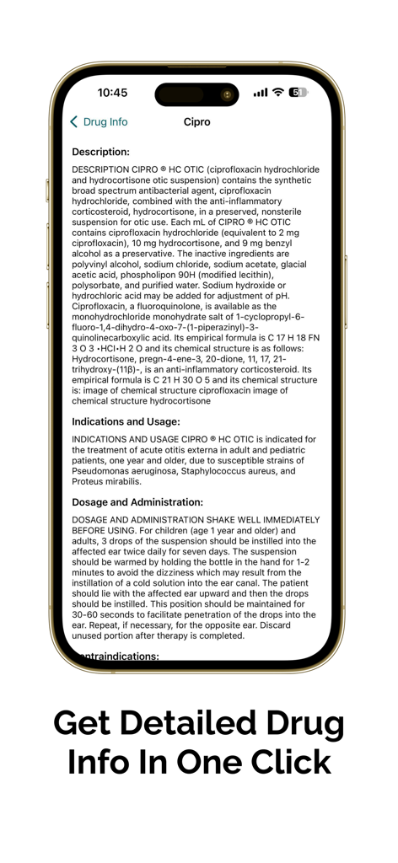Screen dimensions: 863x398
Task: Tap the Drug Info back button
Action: tap(99, 122)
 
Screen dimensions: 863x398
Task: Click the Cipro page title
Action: tap(197, 122)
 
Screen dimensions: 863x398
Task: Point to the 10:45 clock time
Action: tap(112, 93)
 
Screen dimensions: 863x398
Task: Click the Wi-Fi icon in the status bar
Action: tap(277, 93)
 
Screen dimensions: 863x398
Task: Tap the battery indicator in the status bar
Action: tap(298, 93)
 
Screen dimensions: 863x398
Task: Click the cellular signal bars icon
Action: tap(260, 93)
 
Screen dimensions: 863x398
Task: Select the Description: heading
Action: tap(100, 153)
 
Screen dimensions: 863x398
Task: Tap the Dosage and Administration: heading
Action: tap(137, 502)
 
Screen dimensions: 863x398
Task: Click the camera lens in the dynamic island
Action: tap(226, 94)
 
